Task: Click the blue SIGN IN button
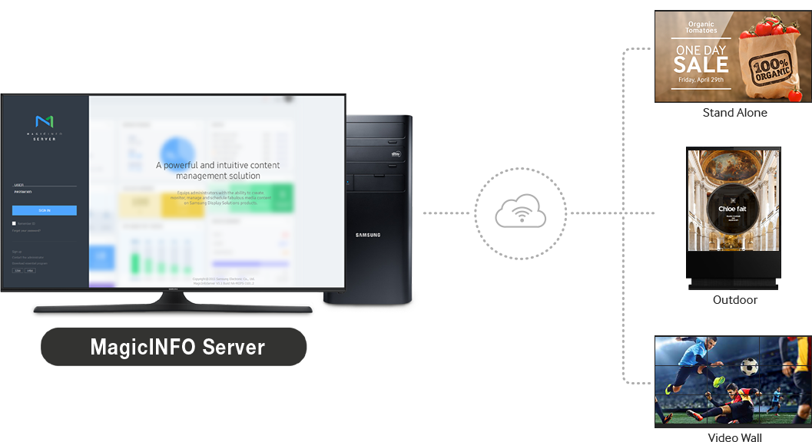(x=45, y=210)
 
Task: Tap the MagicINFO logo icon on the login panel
(x=45, y=121)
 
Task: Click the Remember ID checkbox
(x=14, y=223)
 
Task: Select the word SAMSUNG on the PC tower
(x=367, y=235)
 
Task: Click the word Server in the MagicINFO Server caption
(x=234, y=348)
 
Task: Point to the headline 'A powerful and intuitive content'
(x=217, y=165)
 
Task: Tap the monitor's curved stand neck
(x=172, y=297)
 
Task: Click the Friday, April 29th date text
(x=700, y=79)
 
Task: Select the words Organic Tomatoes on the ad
(x=701, y=28)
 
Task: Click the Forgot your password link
(x=27, y=230)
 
